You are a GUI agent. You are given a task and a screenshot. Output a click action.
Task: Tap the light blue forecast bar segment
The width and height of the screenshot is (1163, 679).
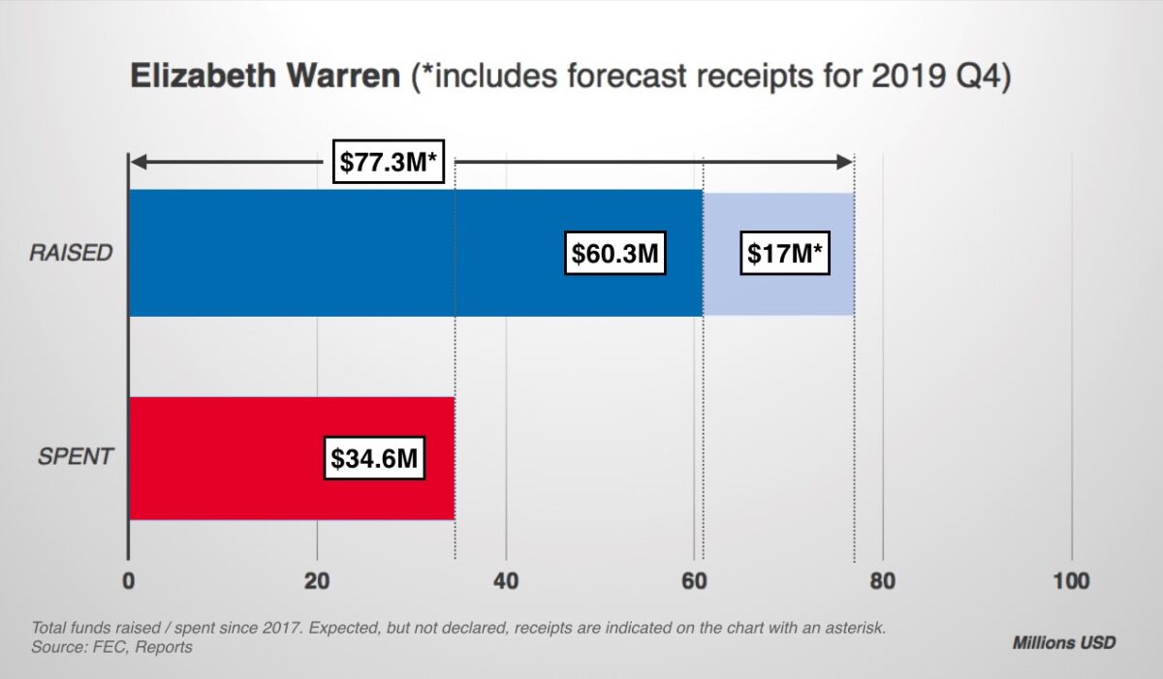(778, 291)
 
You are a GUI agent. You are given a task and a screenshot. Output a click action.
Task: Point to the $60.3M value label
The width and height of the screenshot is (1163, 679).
(614, 254)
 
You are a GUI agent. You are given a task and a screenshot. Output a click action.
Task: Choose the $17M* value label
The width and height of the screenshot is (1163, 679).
(784, 254)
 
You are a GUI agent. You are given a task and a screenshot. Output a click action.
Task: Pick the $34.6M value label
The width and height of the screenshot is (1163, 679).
(374, 458)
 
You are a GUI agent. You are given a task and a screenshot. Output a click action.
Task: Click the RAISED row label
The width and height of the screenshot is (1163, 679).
(71, 254)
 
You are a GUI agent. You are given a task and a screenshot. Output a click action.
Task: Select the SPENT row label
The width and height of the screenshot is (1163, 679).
(76, 457)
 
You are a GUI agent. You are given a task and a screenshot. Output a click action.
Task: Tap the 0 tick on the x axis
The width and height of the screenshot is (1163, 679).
(128, 581)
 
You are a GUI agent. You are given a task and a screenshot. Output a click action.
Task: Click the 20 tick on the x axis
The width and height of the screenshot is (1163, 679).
(317, 581)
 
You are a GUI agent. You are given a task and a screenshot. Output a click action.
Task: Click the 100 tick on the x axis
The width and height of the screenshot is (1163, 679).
(1071, 581)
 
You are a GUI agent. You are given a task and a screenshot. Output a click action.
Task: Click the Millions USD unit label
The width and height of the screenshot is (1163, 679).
(1063, 642)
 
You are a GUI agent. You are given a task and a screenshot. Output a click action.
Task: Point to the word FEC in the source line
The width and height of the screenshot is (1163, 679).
(109, 646)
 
